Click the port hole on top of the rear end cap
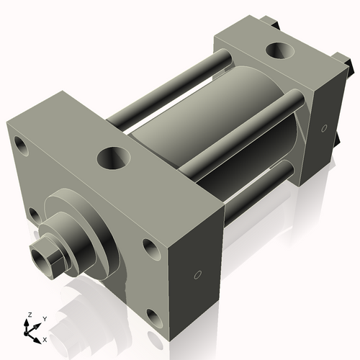(277, 52)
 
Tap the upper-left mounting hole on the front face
(22, 148)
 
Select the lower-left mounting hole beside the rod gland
(32, 213)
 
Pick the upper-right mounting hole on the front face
(150, 248)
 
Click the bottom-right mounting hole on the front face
(153, 315)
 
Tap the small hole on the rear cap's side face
(323, 129)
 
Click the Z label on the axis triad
(29, 315)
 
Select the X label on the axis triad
(45, 338)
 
